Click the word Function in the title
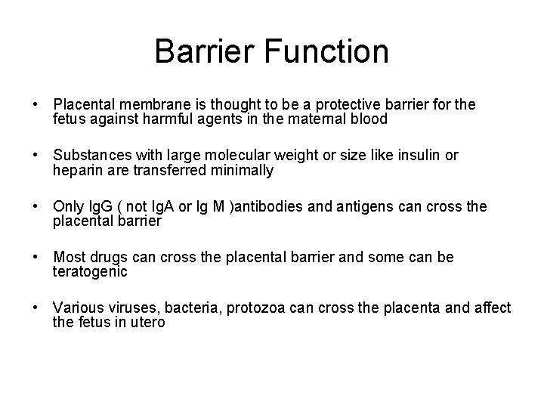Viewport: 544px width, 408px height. coord(329,51)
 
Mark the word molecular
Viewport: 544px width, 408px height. coord(240,155)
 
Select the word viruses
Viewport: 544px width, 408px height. coord(127,309)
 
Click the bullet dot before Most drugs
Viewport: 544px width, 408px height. coord(36,258)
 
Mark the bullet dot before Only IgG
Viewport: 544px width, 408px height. coord(36,206)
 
